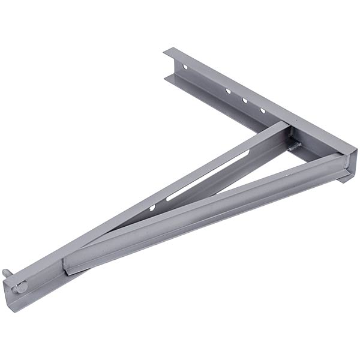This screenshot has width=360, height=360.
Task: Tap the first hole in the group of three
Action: [228, 92]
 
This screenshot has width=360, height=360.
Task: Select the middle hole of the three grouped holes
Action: [245, 101]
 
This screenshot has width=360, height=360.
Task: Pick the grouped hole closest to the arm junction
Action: [262, 110]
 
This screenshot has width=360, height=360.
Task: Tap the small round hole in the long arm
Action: [152, 208]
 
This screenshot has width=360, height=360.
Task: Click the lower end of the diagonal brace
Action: [69, 264]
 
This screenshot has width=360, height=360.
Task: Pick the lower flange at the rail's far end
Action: [169, 76]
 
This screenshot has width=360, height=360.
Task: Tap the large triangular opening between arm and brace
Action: [240, 180]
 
